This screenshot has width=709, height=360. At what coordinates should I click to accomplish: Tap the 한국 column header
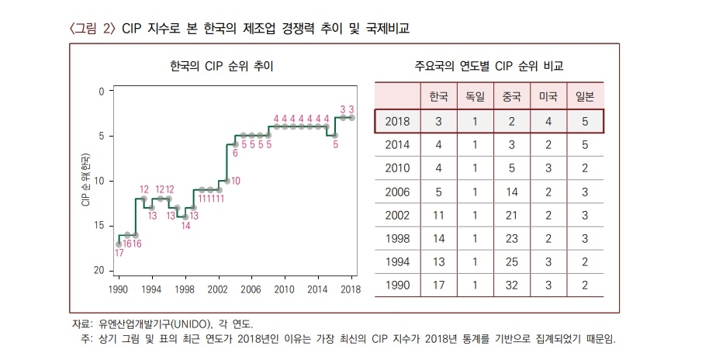(x=438, y=97)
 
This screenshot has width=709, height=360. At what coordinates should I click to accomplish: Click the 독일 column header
(x=474, y=97)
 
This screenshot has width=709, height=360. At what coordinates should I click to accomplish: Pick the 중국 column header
(x=510, y=97)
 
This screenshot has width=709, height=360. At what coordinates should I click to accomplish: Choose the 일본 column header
(x=584, y=97)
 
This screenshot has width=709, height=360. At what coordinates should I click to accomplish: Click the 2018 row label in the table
(x=397, y=122)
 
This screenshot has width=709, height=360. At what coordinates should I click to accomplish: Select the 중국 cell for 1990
(x=510, y=285)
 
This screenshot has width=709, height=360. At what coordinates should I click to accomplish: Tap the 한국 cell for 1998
(x=438, y=238)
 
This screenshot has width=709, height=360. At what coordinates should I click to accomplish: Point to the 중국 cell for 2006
(x=510, y=192)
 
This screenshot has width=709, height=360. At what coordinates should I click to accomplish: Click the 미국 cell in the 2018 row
(x=548, y=122)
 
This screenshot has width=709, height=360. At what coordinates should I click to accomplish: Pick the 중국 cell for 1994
(x=510, y=261)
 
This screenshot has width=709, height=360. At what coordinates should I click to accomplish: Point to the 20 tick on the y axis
(x=99, y=271)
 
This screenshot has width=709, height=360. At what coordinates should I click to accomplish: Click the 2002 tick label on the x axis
(x=219, y=289)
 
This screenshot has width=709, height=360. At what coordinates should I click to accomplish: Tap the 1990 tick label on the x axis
(x=118, y=289)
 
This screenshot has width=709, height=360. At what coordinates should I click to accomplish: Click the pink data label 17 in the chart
(x=119, y=254)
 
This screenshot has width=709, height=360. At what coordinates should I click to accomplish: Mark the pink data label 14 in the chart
(x=185, y=226)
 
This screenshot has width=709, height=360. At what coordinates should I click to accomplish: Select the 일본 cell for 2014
(x=584, y=145)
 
